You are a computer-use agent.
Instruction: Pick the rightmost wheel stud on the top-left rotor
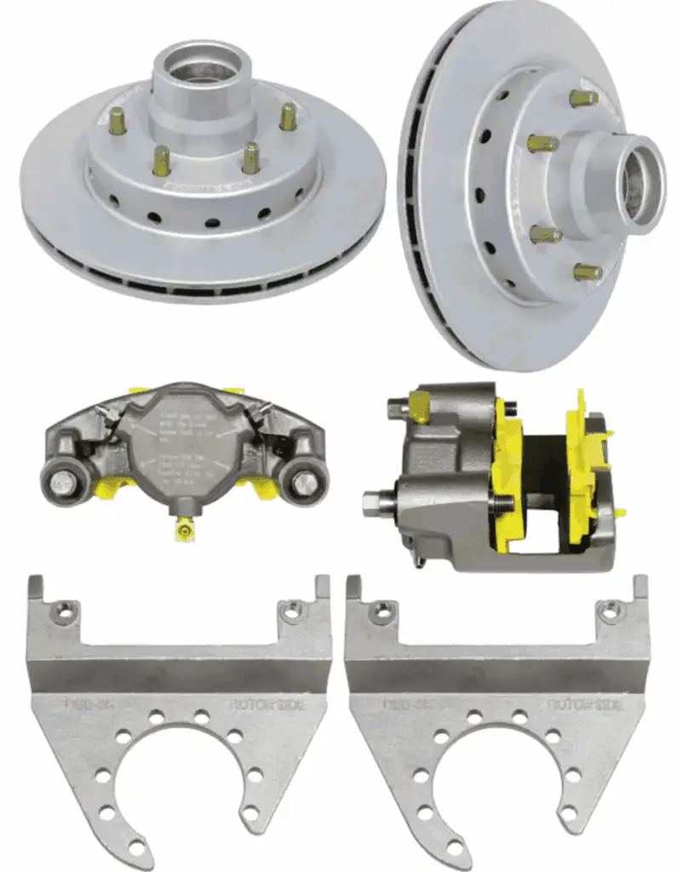tap(288, 116)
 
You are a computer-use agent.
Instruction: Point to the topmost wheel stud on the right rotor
tap(584, 98)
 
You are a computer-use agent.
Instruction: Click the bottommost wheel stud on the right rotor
tap(587, 272)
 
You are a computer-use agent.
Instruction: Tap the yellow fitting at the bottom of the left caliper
tap(181, 531)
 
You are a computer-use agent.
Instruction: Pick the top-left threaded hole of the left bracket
tap(63, 610)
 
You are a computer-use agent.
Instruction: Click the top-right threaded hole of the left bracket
tap(290, 610)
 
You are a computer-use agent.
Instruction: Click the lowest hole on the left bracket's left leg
tap(137, 847)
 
